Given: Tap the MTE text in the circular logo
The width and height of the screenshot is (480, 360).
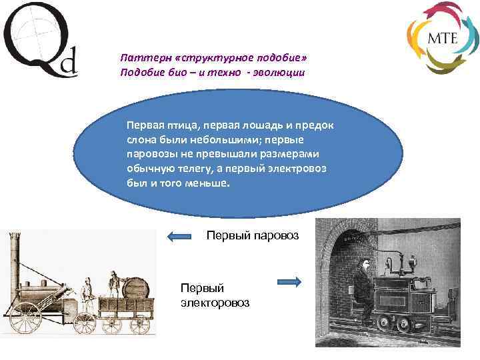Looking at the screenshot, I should pyautogui.click(x=442, y=37).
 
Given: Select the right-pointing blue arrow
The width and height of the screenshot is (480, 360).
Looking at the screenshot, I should pyautogui.click(x=289, y=283).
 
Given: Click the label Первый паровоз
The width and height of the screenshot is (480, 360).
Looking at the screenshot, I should pyautogui.click(x=253, y=235).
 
